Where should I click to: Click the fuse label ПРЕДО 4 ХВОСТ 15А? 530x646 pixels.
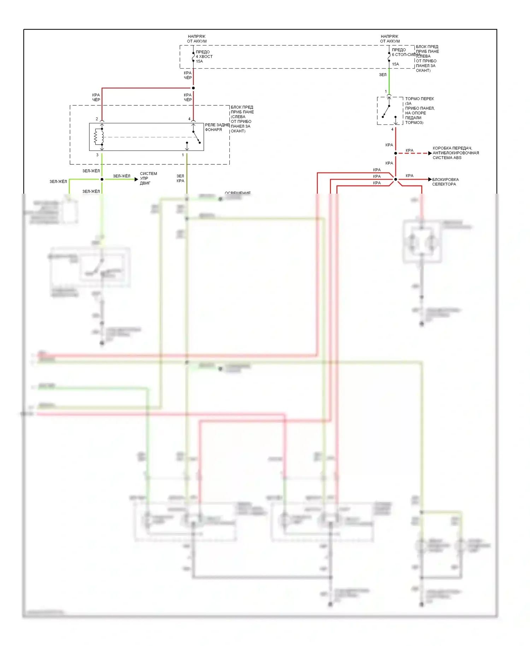point(204,57)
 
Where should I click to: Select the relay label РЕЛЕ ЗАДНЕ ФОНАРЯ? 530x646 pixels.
point(217,127)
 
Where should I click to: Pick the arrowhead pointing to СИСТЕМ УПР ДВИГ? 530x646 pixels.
point(136,180)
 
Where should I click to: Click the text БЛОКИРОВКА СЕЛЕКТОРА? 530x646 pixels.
point(445,182)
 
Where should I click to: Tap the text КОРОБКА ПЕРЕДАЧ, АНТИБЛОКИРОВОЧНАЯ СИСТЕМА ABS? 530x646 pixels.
point(455,153)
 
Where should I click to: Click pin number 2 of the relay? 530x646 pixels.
point(97,119)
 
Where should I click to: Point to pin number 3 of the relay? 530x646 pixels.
point(98,155)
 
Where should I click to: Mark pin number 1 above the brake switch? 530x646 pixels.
point(386,92)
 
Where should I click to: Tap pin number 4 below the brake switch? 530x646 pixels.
point(392,129)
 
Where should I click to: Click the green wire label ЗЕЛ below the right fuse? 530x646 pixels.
point(383,75)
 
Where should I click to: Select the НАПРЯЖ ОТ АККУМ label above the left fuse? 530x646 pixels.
point(197,39)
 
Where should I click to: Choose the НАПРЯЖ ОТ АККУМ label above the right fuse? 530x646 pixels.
point(390,39)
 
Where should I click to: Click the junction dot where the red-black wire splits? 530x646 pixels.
point(193,88)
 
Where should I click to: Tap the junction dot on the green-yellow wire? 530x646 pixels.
point(102,180)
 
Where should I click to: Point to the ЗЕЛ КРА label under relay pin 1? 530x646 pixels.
point(180,178)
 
